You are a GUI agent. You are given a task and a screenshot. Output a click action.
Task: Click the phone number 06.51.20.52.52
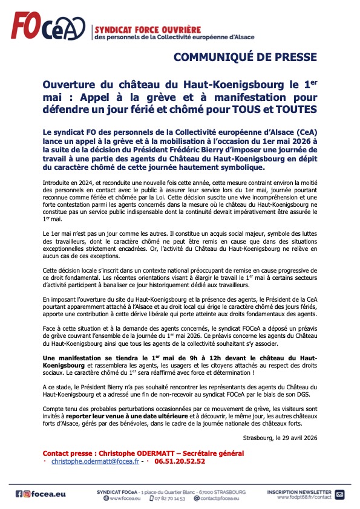pyautogui.click(x=180, y=461)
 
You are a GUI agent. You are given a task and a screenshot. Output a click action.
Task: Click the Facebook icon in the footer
pyautogui.click(x=19, y=494)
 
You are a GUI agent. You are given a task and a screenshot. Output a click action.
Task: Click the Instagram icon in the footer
pyautogui.click(x=27, y=494)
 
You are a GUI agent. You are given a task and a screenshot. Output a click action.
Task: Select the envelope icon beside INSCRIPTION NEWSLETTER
pyautogui.click(x=339, y=494)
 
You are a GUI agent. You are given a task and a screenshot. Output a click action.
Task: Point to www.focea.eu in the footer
pyautogui.click(x=125, y=498)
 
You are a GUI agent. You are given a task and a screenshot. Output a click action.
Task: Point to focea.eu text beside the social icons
pyautogui.click(x=50, y=494)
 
